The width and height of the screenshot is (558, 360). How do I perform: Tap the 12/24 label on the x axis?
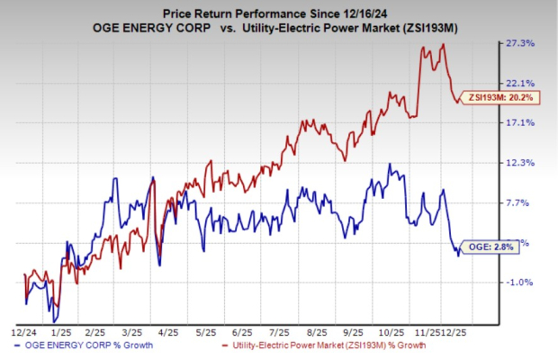(x=24, y=332)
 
